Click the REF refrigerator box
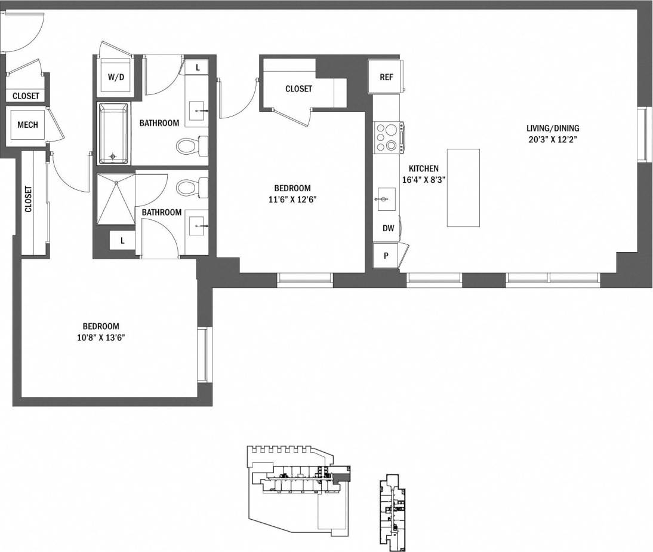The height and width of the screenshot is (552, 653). click(386, 76)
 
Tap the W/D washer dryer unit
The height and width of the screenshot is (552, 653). click(116, 76)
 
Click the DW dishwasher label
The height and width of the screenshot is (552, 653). click(388, 228)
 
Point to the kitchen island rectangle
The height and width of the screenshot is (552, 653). click(464, 188)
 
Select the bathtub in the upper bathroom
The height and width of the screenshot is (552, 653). click(113, 133)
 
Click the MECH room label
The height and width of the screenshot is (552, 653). click(27, 125)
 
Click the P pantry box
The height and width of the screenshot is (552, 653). click(386, 256)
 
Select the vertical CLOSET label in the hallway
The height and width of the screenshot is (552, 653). click(29, 199)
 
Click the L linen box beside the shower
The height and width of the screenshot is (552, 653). click(122, 240)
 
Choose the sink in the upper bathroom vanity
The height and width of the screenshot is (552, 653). click(196, 111)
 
